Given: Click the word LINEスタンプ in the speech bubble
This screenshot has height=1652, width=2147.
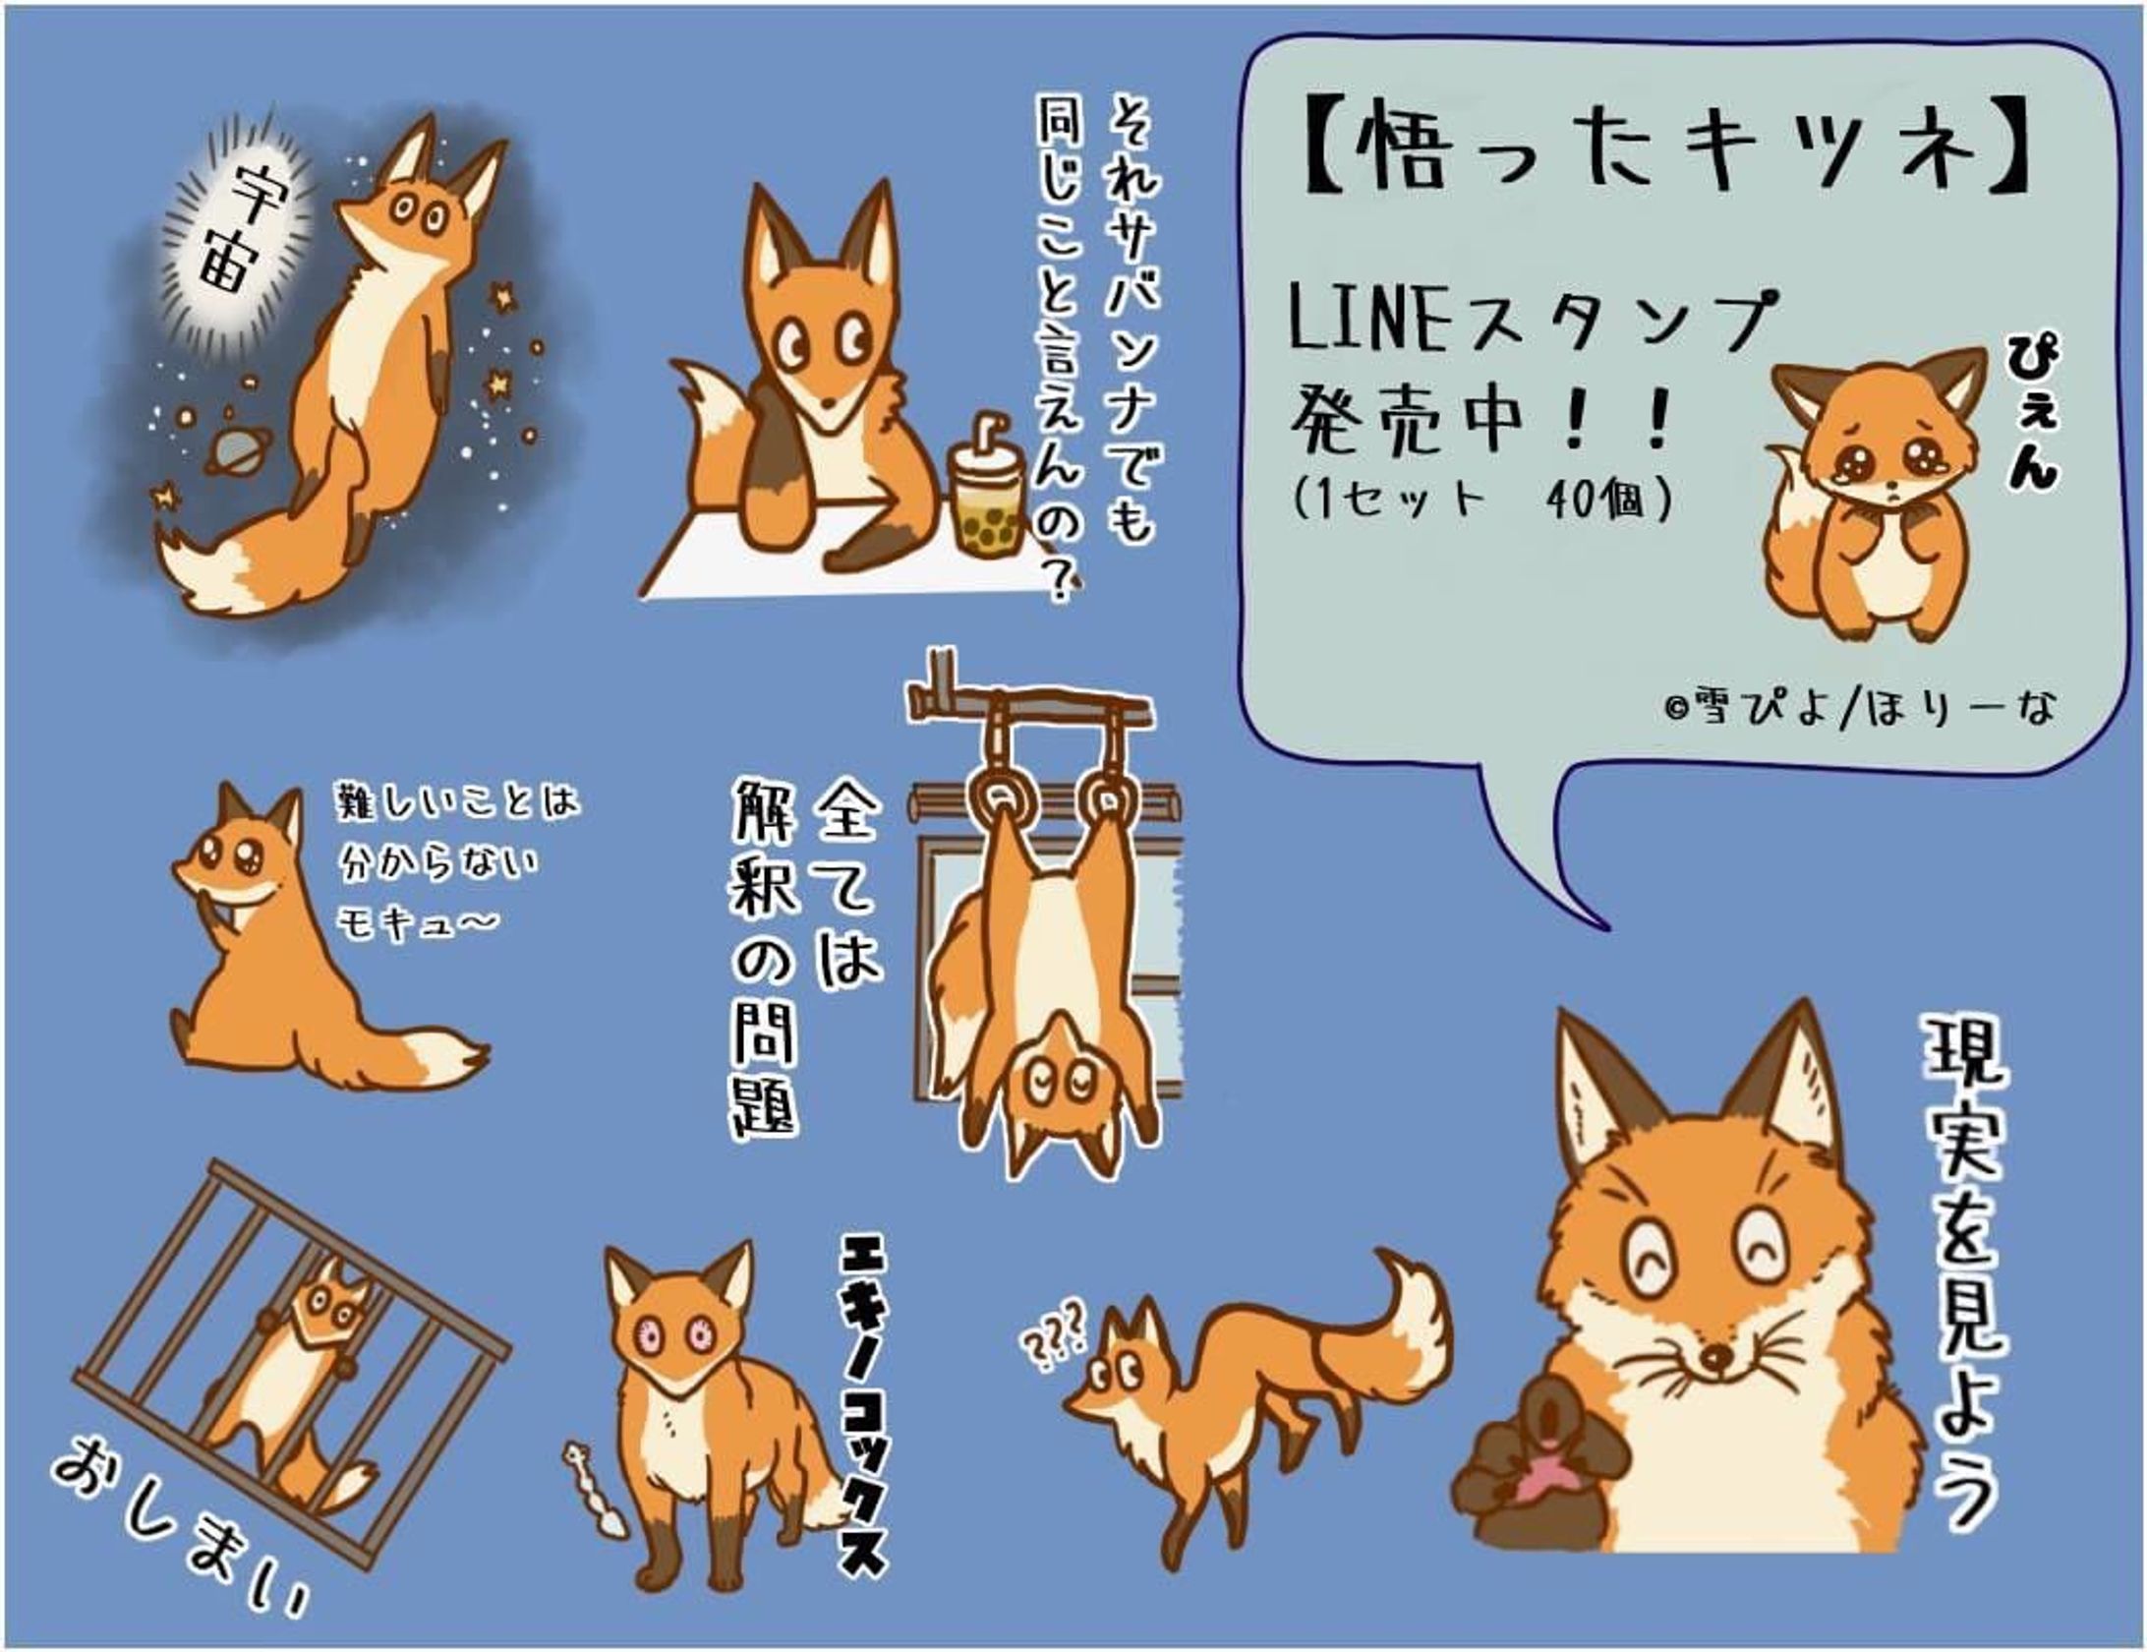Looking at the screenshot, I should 1534,324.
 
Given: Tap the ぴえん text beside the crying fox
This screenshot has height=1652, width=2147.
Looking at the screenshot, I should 2031,413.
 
